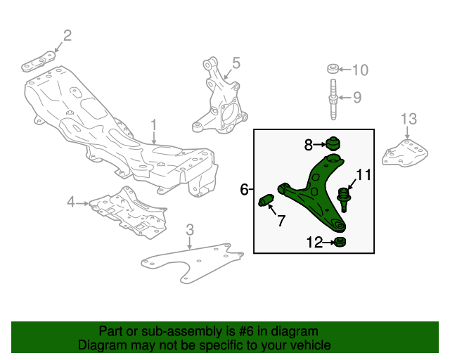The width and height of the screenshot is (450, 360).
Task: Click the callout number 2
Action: [67, 35]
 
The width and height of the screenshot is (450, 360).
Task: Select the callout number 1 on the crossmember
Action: [153, 127]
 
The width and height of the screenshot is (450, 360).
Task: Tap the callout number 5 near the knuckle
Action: [236, 63]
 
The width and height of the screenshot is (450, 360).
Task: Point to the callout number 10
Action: [359, 70]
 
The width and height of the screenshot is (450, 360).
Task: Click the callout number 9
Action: [356, 97]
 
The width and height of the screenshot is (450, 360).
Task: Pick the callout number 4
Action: [70, 203]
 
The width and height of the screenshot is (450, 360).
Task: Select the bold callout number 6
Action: [244, 189]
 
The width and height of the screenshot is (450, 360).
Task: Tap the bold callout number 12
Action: [314, 243]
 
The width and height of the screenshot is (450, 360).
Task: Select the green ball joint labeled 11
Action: [345, 197]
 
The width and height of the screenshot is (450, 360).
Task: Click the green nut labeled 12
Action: [340, 243]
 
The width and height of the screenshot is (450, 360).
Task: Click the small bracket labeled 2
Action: [40, 60]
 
